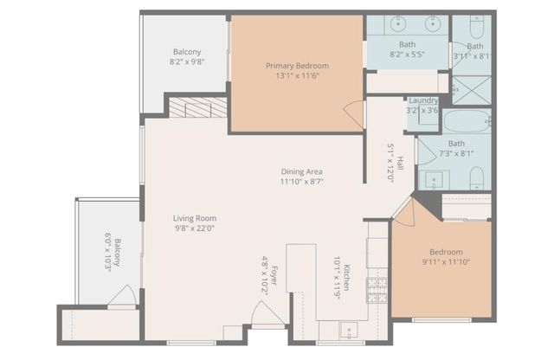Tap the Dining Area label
[301, 171]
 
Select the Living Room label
[195, 218]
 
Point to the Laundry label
[423, 100]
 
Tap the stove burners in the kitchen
[378, 291]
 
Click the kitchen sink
[348, 330]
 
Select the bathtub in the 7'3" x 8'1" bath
[467, 120]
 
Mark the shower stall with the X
[473, 89]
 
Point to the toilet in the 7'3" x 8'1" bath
[476, 178]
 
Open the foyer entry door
[267, 316]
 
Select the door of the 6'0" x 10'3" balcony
[121, 296]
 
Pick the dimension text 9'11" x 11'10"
[447, 262]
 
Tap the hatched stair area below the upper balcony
[196, 107]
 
